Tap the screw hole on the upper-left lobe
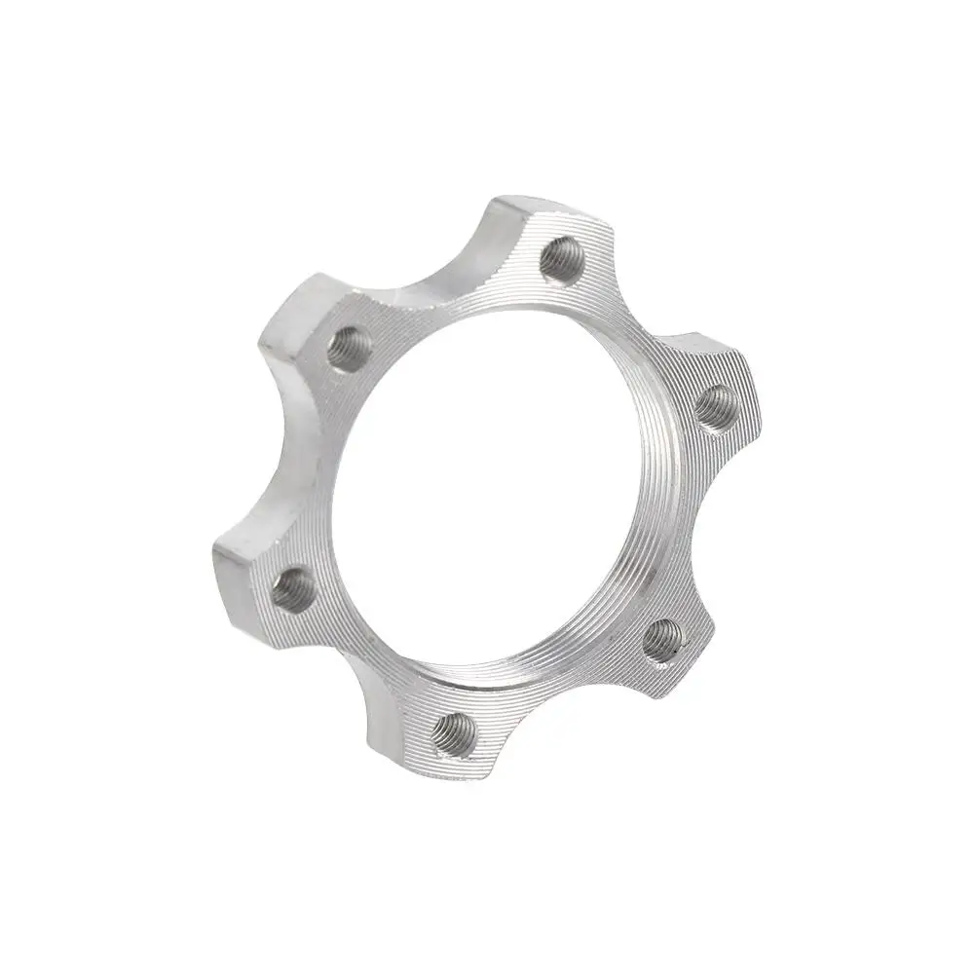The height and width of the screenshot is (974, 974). click(x=348, y=348)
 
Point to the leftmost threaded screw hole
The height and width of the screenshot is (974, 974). click(x=292, y=590)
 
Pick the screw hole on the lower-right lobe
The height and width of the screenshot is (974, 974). click(x=664, y=639)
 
